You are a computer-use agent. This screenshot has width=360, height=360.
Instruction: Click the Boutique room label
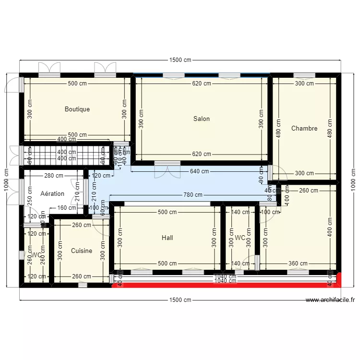pyautogui.click(x=77, y=109)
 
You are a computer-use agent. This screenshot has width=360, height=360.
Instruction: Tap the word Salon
pyautogui.click(x=202, y=119)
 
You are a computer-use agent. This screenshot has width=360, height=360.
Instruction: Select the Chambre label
pyautogui.click(x=304, y=128)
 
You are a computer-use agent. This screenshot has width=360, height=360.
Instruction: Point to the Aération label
pyautogui.click(x=52, y=193)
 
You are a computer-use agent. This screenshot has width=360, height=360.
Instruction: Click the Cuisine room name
pyautogui.click(x=82, y=251)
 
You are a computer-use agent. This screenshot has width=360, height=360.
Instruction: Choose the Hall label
pyautogui.click(x=168, y=238)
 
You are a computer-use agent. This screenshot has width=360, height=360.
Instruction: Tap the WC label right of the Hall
pyautogui.click(x=240, y=238)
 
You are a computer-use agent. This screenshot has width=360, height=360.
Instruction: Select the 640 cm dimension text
pyautogui.click(x=199, y=171)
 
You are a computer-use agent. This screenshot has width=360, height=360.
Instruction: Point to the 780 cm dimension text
pyautogui.click(x=192, y=195)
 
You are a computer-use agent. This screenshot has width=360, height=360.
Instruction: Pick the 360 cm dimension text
pyautogui.click(x=298, y=264)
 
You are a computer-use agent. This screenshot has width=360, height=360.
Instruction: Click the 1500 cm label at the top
pyautogui.click(x=180, y=60)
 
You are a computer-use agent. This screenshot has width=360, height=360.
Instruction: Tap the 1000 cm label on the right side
pyautogui.click(x=354, y=180)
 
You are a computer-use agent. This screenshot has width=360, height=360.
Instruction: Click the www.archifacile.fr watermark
pyautogui.click(x=330, y=300)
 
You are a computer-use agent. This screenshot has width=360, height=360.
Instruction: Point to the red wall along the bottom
pyautogui.click(x=226, y=285)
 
